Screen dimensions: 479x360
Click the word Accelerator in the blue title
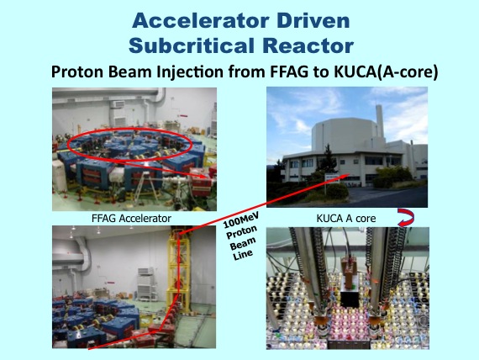[200, 21]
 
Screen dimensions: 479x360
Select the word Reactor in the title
[308, 45]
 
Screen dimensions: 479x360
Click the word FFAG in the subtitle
[289, 71]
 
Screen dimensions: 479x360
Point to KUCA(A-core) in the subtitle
[387, 72]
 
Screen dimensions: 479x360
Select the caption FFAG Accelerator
[131, 219]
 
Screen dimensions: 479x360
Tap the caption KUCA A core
[346, 219]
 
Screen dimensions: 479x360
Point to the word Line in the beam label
[243, 255]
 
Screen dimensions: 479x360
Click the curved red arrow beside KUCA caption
[406, 218]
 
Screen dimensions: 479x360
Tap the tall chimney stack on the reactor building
[379, 121]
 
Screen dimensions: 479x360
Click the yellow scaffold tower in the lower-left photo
[178, 269]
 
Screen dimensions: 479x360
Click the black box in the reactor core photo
[350, 299]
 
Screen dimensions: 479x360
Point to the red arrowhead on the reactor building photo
[347, 176]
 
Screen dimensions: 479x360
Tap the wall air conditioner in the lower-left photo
[145, 271]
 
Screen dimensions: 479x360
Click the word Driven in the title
[313, 21]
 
